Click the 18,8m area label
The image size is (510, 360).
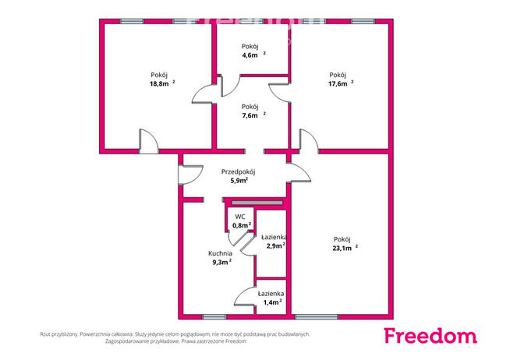click(x=159, y=84)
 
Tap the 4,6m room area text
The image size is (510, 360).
click(x=250, y=55)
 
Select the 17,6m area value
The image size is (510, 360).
click(x=338, y=84)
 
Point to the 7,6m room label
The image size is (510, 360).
click(x=250, y=115)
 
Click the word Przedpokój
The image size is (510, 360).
click(x=238, y=172)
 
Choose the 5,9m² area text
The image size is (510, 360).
click(x=239, y=181)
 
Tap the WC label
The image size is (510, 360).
click(x=240, y=217)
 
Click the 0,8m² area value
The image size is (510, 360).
click(x=242, y=225)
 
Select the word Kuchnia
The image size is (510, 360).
click(x=220, y=253)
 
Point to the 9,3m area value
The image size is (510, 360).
click(x=220, y=263)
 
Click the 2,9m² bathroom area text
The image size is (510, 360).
click(x=276, y=245)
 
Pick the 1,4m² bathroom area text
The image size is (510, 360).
click(x=272, y=302)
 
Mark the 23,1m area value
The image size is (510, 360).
click(x=342, y=249)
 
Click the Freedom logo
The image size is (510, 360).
click(x=430, y=336)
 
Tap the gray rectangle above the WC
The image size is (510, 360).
click(x=257, y=203)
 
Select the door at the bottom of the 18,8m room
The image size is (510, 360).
click(x=149, y=142)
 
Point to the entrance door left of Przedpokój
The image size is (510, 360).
click(x=190, y=175)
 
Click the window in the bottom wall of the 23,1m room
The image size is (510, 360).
click(x=317, y=317)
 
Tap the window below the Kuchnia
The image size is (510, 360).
click(x=214, y=317)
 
